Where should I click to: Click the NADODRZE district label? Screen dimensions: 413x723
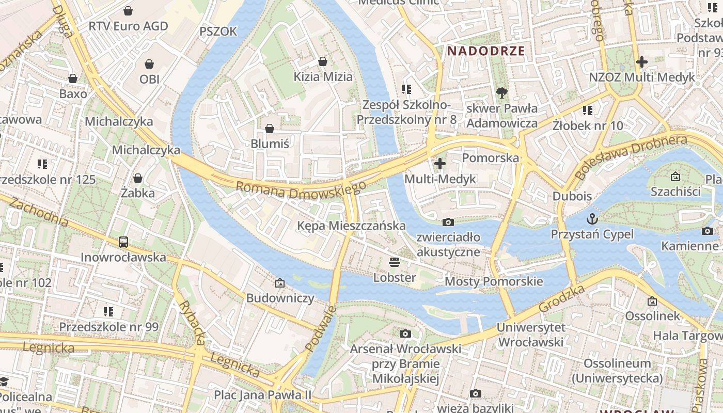pyautogui.click(x=486, y=51)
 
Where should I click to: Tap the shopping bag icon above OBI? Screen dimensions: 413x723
pyautogui.click(x=149, y=64)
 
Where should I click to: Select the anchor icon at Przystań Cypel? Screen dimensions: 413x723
pyautogui.click(x=592, y=218)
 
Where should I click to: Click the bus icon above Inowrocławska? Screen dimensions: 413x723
pyautogui.click(x=123, y=242)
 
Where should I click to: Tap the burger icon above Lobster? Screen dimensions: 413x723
pyautogui.click(x=395, y=262)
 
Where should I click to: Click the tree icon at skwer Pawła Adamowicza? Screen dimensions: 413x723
pyautogui.click(x=501, y=93)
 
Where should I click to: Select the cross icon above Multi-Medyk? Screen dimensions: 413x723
pyautogui.click(x=440, y=164)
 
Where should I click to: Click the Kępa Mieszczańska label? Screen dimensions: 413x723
pyautogui.click(x=351, y=226)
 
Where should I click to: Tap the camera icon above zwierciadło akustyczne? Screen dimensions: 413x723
pyautogui.click(x=448, y=222)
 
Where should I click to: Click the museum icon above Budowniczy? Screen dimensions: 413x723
pyautogui.click(x=280, y=283)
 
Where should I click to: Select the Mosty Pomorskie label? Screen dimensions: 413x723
pyautogui.click(x=494, y=281)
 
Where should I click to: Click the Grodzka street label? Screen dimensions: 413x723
pyautogui.click(x=561, y=298)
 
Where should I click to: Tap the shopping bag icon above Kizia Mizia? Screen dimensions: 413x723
pyautogui.click(x=323, y=61)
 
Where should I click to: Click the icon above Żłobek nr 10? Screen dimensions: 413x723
pyautogui.click(x=587, y=110)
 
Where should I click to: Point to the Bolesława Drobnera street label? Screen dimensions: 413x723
pyautogui.click(x=631, y=157)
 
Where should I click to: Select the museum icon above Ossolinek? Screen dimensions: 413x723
pyautogui.click(x=652, y=300)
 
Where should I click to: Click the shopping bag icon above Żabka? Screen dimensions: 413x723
pyautogui.click(x=138, y=178)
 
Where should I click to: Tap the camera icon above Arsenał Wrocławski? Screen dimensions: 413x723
pyautogui.click(x=405, y=333)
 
